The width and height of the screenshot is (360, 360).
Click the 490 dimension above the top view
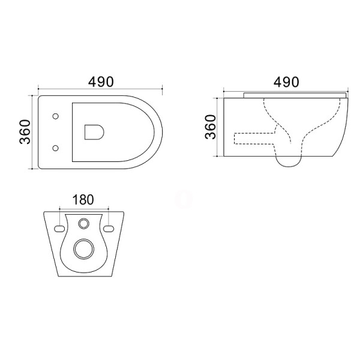101,82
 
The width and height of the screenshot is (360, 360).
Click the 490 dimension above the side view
286,82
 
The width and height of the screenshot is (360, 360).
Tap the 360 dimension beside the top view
25,132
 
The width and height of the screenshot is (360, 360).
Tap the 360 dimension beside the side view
211,127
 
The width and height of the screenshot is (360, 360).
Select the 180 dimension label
83,200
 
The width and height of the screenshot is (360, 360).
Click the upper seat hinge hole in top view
55,116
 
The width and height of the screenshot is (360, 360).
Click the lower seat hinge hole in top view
55,148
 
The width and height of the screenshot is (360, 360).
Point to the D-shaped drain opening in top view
94,132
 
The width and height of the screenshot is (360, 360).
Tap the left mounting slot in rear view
59,229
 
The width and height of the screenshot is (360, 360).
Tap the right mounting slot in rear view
109,229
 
